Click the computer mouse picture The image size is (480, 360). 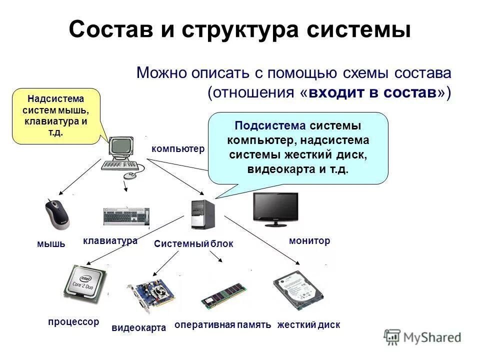[x=57, y=213]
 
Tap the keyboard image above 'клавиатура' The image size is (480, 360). [x=126, y=216]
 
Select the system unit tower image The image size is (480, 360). [x=203, y=214]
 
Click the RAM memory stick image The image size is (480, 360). [x=223, y=295]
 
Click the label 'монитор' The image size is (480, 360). [x=309, y=241]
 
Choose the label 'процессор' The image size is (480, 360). [x=73, y=322]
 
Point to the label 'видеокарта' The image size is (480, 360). [x=138, y=328]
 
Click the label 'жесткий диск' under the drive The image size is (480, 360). [x=308, y=325]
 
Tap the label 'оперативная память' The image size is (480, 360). [x=222, y=325]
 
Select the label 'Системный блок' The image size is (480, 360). [x=193, y=244]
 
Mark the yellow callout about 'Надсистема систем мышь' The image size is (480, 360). [x=56, y=115]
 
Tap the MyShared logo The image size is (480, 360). [x=422, y=337]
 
